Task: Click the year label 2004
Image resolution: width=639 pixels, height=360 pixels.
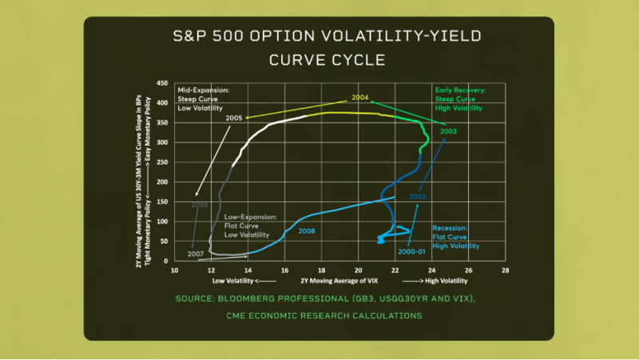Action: [x=359, y=97]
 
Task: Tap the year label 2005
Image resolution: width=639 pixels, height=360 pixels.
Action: [x=234, y=118]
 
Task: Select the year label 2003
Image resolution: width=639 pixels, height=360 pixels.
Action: [x=448, y=131]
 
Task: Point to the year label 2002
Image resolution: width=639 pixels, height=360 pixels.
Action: [x=417, y=196]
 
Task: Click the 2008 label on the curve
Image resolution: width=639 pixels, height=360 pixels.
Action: [x=307, y=231]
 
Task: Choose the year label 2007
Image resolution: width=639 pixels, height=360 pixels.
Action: [x=196, y=253]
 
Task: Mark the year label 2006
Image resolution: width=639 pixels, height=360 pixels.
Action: [x=200, y=204]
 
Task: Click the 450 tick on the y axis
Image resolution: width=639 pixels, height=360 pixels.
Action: [x=161, y=83]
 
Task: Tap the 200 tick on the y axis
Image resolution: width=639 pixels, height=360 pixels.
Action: [x=161, y=182]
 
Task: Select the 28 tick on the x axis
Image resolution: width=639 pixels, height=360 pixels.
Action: [x=505, y=270]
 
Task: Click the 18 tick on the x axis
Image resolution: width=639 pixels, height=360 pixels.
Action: [x=322, y=270]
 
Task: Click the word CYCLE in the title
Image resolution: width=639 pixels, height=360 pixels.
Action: [x=355, y=60]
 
